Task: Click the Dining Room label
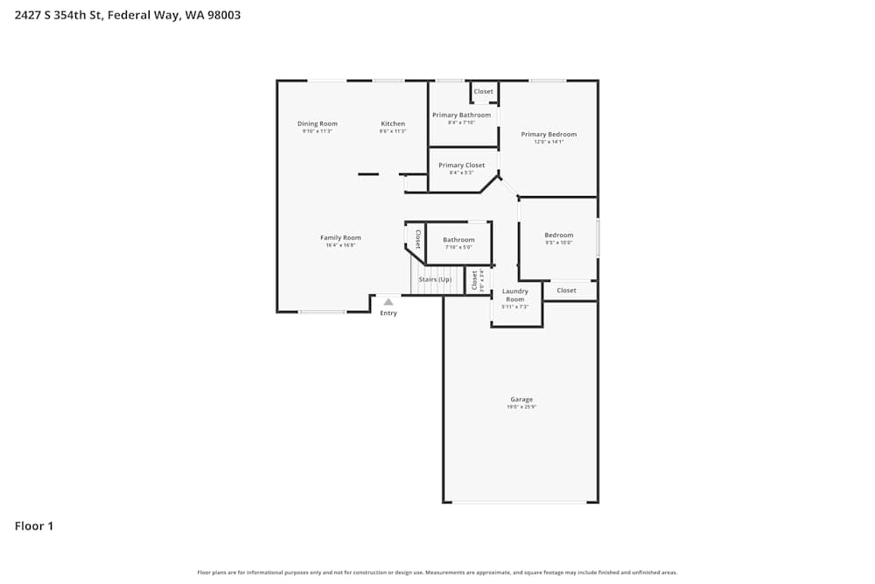pyautogui.click(x=317, y=123)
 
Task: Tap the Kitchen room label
pyautogui.click(x=393, y=123)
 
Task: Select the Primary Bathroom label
pyautogui.click(x=461, y=115)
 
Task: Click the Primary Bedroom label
pyautogui.click(x=549, y=134)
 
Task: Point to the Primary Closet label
pyautogui.click(x=461, y=165)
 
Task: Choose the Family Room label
pyautogui.click(x=340, y=237)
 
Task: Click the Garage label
pyautogui.click(x=521, y=399)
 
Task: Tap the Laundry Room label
pyautogui.click(x=514, y=295)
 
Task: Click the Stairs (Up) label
pyautogui.click(x=435, y=279)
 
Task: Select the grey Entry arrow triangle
pyautogui.click(x=388, y=302)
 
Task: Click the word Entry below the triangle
pyautogui.click(x=388, y=313)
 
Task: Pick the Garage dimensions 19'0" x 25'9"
pyautogui.click(x=521, y=407)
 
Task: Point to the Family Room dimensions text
pyautogui.click(x=340, y=245)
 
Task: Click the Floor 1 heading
pyautogui.click(x=34, y=526)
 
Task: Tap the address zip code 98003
pyautogui.click(x=222, y=15)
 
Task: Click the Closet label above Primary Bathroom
pyautogui.click(x=483, y=91)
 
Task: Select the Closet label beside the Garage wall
pyautogui.click(x=566, y=290)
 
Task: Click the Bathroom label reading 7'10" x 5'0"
pyautogui.click(x=458, y=239)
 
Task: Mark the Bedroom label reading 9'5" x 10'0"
pyautogui.click(x=558, y=235)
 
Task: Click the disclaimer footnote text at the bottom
pyautogui.click(x=437, y=573)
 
